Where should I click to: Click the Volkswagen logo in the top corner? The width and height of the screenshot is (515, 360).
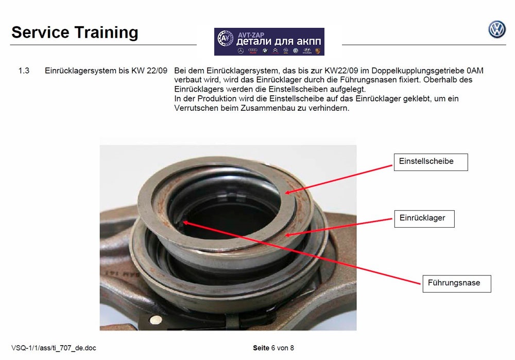(497, 29)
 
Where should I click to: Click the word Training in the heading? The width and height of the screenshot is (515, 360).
(107, 33)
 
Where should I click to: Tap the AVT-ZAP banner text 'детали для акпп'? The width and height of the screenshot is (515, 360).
(279, 41)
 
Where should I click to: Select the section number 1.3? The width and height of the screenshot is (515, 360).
(24, 71)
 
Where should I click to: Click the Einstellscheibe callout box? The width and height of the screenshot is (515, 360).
(431, 162)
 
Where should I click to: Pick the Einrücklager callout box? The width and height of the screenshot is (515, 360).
(424, 219)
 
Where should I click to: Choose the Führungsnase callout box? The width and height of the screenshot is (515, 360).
(457, 283)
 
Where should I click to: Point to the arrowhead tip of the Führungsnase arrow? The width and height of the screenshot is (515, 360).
(183, 222)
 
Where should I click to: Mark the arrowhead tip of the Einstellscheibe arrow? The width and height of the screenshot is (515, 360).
(284, 193)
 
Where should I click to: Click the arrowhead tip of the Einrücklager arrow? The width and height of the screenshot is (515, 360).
(284, 235)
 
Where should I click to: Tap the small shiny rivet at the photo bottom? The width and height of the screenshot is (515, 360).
(155, 320)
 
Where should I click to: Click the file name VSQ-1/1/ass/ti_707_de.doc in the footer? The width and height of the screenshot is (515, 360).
(54, 348)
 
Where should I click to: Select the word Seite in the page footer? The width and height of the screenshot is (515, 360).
(261, 348)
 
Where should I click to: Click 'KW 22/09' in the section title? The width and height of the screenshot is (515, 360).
(149, 71)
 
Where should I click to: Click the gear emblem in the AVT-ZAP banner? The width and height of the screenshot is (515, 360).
(226, 39)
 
